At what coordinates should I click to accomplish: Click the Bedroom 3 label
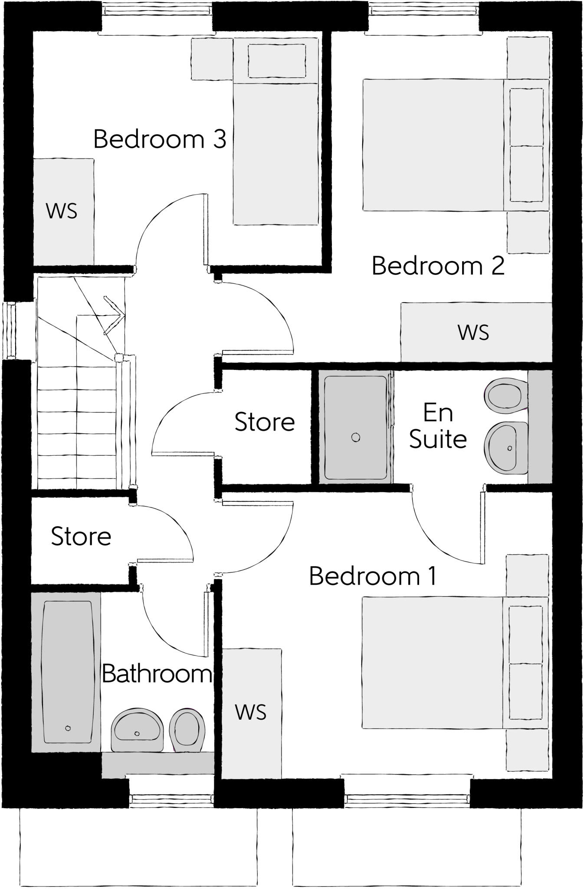tap(160, 139)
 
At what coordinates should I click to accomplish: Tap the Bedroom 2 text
tap(438, 266)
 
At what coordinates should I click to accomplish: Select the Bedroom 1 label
tap(372, 576)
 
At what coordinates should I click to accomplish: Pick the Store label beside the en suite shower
tap(265, 422)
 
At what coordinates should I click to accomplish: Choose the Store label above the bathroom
tap(81, 537)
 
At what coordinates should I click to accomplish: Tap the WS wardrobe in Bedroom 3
tap(63, 211)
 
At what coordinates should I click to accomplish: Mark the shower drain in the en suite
tap(356, 438)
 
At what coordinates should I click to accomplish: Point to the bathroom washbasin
tap(137, 731)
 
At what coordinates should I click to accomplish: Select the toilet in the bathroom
tap(187, 729)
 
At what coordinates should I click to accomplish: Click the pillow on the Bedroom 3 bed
tap(276, 61)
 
